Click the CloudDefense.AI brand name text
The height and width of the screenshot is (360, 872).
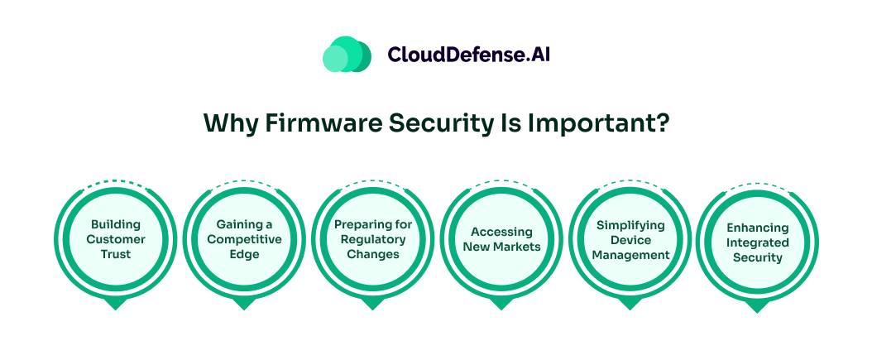(468, 55)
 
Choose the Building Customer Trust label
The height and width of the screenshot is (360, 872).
(117, 239)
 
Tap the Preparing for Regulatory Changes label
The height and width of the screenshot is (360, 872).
(373, 239)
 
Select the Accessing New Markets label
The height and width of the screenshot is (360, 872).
(501, 239)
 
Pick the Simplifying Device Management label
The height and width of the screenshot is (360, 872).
(630, 240)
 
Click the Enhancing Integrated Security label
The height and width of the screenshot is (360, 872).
(757, 242)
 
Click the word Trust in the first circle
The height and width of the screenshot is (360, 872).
(117, 254)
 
